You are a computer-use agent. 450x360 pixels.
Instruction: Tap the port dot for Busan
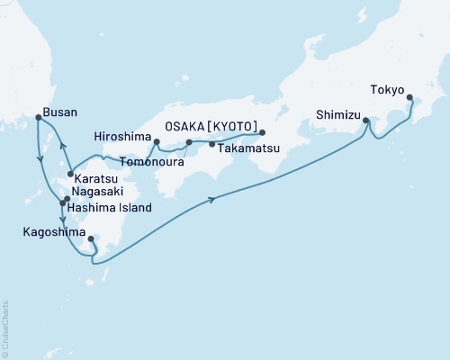click(x=38, y=117)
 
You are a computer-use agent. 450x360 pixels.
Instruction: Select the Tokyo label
click(x=387, y=89)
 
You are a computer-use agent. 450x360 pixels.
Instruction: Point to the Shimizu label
click(x=337, y=114)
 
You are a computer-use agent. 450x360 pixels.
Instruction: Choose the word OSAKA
click(x=189, y=126)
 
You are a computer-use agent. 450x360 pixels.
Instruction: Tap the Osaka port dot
click(x=262, y=132)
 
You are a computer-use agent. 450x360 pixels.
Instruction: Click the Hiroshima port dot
click(x=157, y=142)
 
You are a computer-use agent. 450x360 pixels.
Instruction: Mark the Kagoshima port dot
click(x=91, y=239)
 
